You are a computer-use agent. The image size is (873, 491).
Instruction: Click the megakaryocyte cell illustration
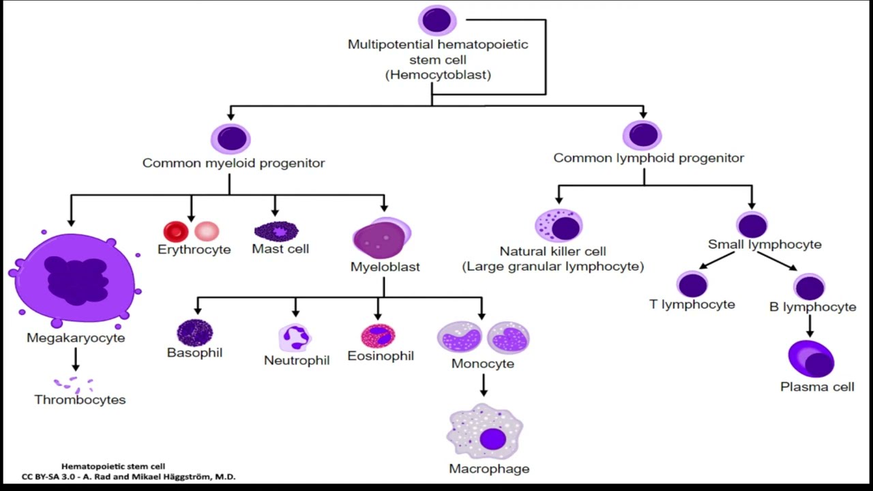pyautogui.click(x=75, y=280)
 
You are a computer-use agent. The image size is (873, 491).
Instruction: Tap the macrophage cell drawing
pyautogui.click(x=484, y=432)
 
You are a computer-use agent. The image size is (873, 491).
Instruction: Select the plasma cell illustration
pyautogui.click(x=811, y=359)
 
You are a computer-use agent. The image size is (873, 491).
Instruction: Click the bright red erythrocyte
pyautogui.click(x=176, y=232)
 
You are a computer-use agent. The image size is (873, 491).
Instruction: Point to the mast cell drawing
pyautogui.click(x=276, y=231)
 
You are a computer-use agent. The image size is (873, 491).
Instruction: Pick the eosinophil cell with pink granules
pyautogui.click(x=378, y=336)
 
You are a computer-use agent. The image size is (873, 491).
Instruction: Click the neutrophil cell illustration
pyautogui.click(x=295, y=338)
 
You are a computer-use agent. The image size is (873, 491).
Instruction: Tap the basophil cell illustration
pyautogui.click(x=195, y=333)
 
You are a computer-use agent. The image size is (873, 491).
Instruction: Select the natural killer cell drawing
pyautogui.click(x=559, y=226)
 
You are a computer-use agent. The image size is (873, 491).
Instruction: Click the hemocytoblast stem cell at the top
pyautogui.click(x=437, y=20)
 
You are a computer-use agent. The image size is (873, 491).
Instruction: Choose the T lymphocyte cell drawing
pyautogui.click(x=692, y=284)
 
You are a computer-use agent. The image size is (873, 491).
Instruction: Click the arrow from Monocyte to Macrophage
pyautogui.click(x=484, y=385)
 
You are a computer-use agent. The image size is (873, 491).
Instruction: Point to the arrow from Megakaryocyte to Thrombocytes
pyautogui.click(x=76, y=359)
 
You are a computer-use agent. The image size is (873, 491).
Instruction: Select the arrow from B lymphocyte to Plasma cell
pyautogui.click(x=810, y=326)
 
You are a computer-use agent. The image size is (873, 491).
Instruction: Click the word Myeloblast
pyautogui.click(x=385, y=267)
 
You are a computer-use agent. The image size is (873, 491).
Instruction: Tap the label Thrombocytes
pyautogui.click(x=80, y=400)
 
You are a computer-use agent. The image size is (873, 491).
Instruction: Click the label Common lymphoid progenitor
pyautogui.click(x=649, y=158)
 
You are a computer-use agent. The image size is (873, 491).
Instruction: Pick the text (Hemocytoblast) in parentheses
pyautogui.click(x=438, y=75)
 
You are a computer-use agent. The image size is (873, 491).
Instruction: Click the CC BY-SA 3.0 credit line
pyautogui.click(x=129, y=477)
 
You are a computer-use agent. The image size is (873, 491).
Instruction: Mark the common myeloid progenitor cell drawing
pyautogui.click(x=231, y=138)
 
